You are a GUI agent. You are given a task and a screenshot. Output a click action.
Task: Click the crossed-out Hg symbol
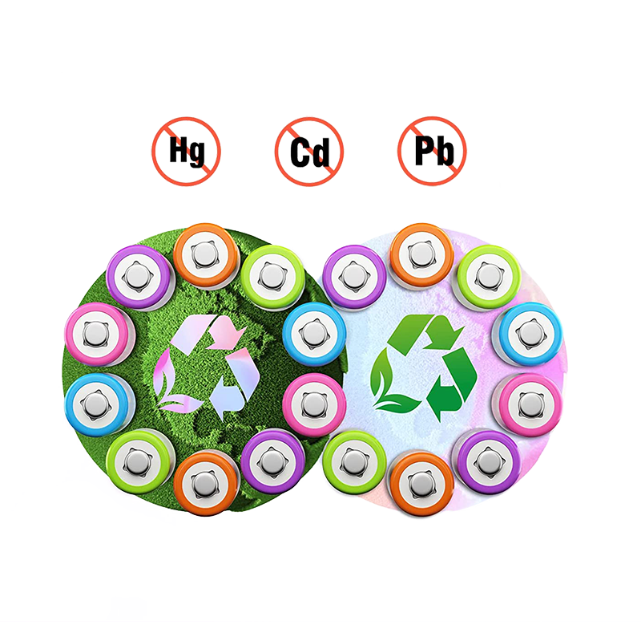pyautogui.click(x=187, y=151)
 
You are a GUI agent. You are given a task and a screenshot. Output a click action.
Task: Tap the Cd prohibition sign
pyautogui.click(x=309, y=152)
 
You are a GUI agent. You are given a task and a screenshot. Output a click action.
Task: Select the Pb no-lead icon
pyautogui.click(x=432, y=151)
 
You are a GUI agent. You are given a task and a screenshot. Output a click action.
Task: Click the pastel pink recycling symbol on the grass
pyautogui.click(x=207, y=367)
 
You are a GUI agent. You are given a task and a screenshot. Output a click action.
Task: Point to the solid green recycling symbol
pyautogui.click(x=424, y=367)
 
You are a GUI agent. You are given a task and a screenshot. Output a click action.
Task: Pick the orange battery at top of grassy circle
pyautogui.click(x=206, y=254)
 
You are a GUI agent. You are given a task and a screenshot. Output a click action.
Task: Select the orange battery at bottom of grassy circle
pyautogui.click(x=206, y=483)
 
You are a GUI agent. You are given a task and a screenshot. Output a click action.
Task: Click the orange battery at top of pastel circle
pyautogui.click(x=422, y=254)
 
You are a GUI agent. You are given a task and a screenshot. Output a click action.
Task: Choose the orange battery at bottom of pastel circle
pyautogui.click(x=422, y=483)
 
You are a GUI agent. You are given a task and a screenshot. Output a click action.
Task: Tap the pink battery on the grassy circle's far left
pyautogui.click(x=98, y=334)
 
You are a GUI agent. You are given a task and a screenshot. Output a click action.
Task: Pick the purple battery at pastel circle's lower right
pyautogui.click(x=487, y=461)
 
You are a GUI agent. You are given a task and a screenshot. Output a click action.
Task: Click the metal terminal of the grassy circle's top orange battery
pyautogui.click(x=204, y=254)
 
